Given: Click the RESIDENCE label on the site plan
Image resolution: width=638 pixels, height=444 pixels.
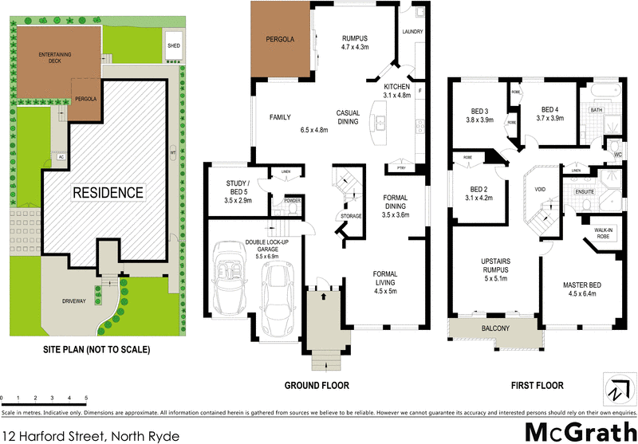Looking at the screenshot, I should click(x=109, y=192).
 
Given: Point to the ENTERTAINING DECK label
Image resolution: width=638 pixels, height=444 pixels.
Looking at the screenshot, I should click(x=54, y=57).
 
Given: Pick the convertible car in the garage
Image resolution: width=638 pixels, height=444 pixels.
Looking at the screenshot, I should click(x=234, y=286).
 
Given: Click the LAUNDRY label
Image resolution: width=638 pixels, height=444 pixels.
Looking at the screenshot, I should click(x=412, y=32).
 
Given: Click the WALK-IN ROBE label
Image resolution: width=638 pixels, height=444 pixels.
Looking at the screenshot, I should click(x=603, y=234).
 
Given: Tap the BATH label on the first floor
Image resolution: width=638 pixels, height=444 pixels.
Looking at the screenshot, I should click(x=595, y=110).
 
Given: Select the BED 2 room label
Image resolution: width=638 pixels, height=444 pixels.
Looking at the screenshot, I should click(x=478, y=190).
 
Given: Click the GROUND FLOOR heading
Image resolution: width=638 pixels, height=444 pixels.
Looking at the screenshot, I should click(x=317, y=386).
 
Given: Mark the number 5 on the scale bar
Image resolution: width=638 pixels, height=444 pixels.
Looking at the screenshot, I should click(x=85, y=396).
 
